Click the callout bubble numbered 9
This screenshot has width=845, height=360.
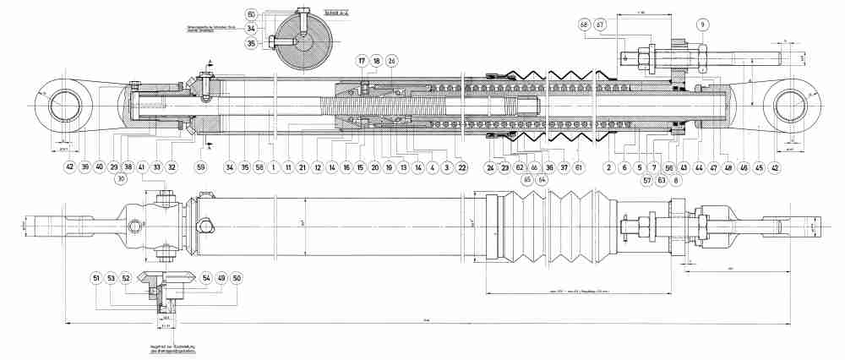click(702, 25)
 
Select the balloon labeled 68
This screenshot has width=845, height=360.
click(584, 25)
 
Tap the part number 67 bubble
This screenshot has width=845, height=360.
click(600, 25)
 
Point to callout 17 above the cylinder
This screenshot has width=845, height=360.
click(361, 62)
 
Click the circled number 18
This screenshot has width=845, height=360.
click(376, 62)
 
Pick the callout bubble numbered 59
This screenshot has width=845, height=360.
click(201, 167)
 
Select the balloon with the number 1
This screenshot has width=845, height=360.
click(275, 167)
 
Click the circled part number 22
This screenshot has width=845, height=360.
click(461, 167)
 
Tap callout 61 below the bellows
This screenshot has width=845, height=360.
click(579, 167)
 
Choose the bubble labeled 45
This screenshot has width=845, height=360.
click(759, 167)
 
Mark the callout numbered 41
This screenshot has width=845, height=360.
click(142, 167)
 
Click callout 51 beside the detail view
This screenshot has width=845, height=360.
click(96, 278)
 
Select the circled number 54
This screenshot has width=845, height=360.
click(205, 278)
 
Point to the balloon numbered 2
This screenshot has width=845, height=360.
click(608, 167)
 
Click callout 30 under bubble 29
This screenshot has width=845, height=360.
click(123, 179)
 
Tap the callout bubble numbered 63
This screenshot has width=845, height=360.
click(662, 179)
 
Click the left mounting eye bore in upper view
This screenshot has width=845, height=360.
click(66, 106)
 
